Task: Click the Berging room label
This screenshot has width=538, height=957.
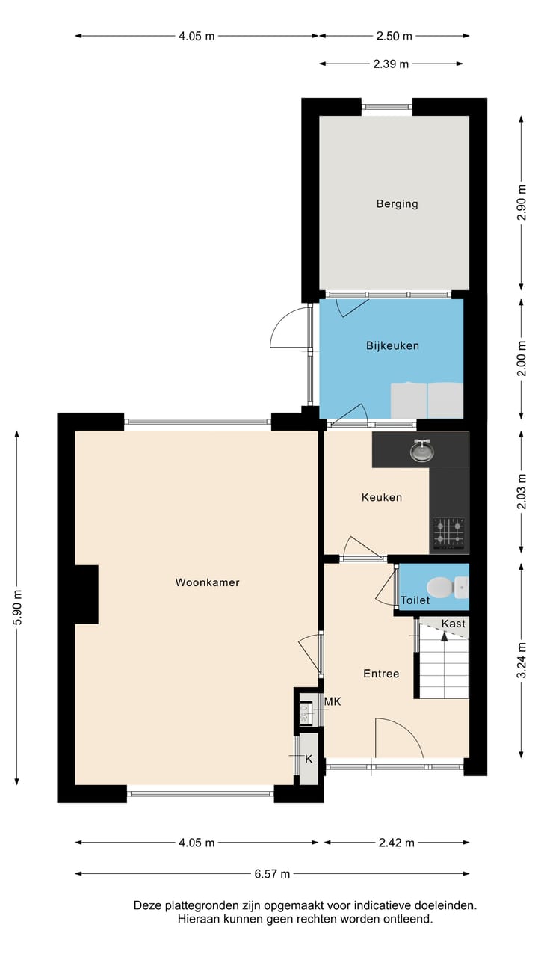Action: pos(397,203)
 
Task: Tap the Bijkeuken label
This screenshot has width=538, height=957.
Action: pos(392,345)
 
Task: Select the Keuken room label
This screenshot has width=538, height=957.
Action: pos(382,497)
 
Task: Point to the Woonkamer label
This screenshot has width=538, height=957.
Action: pos(208,582)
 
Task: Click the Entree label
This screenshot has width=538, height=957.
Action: pos(381,674)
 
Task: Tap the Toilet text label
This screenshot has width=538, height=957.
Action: pos(415,600)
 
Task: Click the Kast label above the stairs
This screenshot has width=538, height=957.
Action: pos(453,624)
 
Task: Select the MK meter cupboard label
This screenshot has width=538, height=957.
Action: pos(333,701)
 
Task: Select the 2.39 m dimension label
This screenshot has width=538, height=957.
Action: pos(391,64)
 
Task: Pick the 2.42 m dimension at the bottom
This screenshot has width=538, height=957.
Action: pos(396,843)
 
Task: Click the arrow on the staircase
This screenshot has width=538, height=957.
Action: pos(445,636)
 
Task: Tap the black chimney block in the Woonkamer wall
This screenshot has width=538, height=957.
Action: pos(86,594)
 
